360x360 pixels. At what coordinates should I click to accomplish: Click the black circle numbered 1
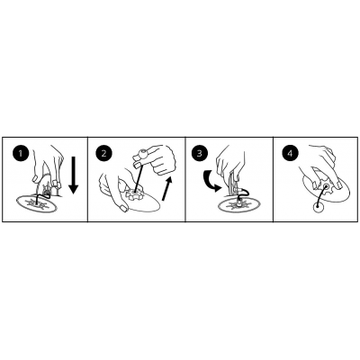point(21,153)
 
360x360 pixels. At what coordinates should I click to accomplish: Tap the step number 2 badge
point(103,153)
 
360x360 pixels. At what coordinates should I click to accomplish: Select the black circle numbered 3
point(200,153)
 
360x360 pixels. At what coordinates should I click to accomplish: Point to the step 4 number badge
point(290,153)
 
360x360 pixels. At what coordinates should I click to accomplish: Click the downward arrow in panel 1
point(73,175)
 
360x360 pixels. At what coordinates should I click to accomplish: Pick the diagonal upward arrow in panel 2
point(167,188)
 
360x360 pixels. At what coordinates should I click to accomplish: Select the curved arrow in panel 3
point(211,182)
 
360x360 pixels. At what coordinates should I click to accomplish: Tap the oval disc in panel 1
point(37,204)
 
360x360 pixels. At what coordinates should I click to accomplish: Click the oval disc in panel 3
point(237,205)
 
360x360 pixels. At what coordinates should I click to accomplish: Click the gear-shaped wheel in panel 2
point(133,193)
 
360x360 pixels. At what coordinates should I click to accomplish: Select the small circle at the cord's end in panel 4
point(316,207)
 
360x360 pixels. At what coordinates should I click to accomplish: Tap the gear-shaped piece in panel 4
point(325,187)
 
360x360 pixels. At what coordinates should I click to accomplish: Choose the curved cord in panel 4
point(320,196)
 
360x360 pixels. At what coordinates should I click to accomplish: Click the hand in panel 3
point(230,164)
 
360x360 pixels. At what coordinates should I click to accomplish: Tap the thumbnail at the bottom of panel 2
point(123,208)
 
